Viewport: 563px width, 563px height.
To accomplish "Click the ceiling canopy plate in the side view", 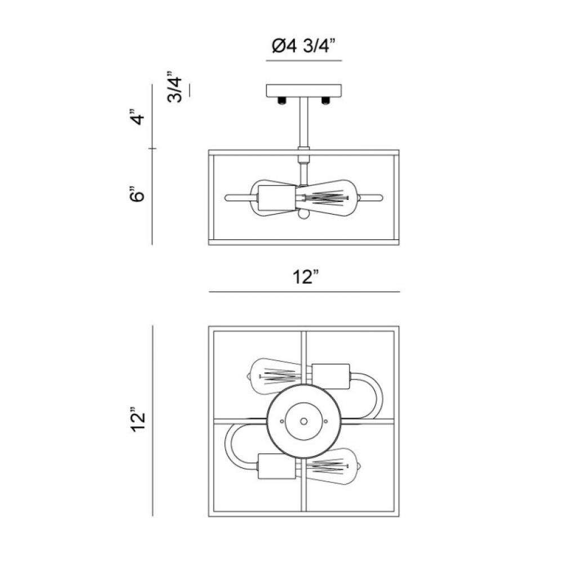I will point(304,90).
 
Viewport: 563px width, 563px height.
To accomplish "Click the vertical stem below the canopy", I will point(304,121).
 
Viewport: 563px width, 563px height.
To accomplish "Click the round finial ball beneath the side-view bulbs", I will point(303,215).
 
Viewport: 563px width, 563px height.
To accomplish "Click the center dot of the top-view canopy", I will point(303,420).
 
